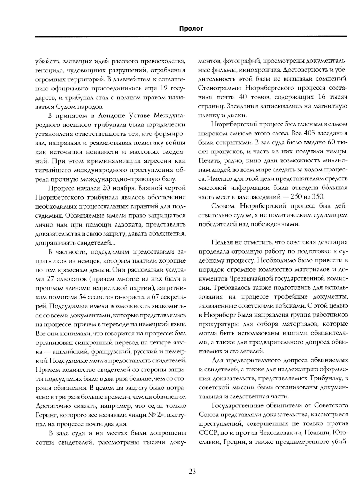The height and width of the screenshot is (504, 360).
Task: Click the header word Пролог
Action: tap(191, 28)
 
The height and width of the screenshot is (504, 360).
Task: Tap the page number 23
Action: tap(192, 471)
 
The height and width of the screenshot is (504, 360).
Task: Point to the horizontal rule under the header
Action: tap(191, 36)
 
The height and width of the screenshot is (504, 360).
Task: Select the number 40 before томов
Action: tap(243, 97)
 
